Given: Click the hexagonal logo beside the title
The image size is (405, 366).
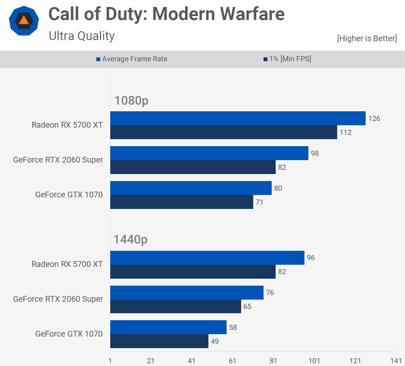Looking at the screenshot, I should click(x=24, y=21).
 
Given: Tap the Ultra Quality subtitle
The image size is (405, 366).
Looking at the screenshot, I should click(x=82, y=36).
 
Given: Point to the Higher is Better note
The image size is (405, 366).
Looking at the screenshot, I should click(x=367, y=39).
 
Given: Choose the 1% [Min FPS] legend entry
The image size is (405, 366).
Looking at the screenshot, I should click(x=287, y=59).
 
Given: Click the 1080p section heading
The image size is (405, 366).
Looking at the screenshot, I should click(x=131, y=100).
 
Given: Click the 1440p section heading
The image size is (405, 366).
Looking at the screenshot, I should click(x=131, y=240).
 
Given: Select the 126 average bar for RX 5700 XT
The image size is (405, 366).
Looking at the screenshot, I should click(x=238, y=118).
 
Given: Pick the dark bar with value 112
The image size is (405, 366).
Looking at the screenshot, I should click(x=224, y=132).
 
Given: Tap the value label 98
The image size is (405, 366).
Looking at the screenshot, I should click(x=315, y=153).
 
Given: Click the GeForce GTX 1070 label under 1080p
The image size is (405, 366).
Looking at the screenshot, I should click(x=69, y=195).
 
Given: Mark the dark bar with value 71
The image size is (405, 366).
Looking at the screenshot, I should click(x=182, y=202).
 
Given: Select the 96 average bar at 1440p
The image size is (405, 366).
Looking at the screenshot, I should click(x=207, y=258).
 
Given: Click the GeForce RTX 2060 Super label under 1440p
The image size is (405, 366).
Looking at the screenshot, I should click(x=58, y=299).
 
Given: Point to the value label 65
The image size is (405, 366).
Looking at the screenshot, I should click(x=247, y=307).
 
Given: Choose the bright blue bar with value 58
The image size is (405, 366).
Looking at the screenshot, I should click(x=168, y=327).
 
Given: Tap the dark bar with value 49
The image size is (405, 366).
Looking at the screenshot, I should click(x=159, y=341).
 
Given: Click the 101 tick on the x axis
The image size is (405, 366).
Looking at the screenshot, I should click(x=314, y=361).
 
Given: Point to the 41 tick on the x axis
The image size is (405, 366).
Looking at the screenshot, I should click(x=191, y=361).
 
